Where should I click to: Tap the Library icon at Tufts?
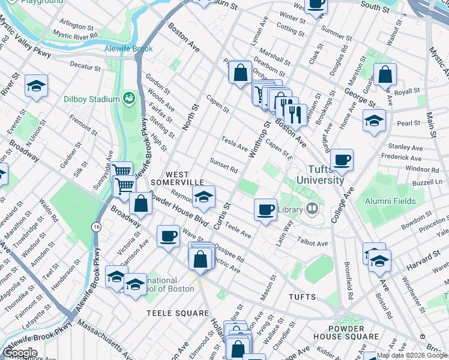point(312,209)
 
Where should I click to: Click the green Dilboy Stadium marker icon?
point(128,98)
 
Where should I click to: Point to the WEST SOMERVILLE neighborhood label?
point(178,178)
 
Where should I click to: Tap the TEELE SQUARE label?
point(178,313)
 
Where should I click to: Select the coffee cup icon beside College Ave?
point(342,160)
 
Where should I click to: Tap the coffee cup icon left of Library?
point(265,209)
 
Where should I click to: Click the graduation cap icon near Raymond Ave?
point(203,197)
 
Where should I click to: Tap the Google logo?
point(20,352)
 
